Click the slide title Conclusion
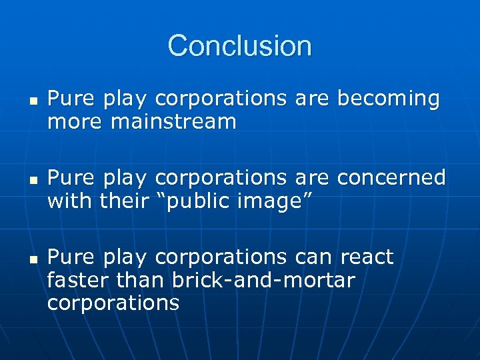coord(239,46)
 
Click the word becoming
coord(389,99)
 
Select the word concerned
coord(391,177)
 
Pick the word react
coord(367,257)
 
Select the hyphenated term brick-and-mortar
coord(263,280)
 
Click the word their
coord(123,201)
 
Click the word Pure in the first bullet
coord(72,99)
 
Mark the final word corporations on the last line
coord(113,303)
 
